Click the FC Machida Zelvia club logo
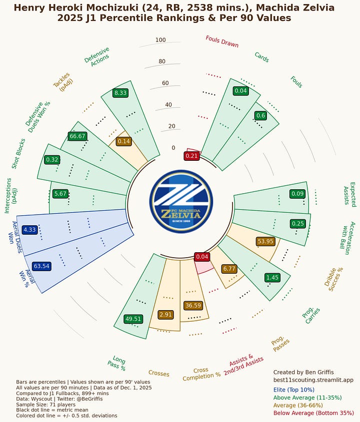tap(181, 201)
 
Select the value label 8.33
tap(120, 93)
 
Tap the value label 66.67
tap(77, 136)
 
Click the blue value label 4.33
tap(30, 229)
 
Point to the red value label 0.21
tap(192, 156)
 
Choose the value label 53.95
tap(265, 241)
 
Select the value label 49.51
tap(133, 319)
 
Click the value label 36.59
tap(192, 305)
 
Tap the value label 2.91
tap(165, 315)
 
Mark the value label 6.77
tap(229, 269)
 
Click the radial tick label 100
tap(160, 40)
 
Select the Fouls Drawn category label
tap(222, 41)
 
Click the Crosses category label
tap(159, 374)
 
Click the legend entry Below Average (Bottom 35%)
tap(313, 413)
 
